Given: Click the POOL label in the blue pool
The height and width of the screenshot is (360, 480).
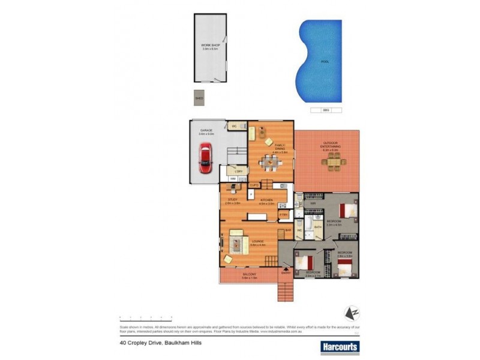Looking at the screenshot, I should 325,62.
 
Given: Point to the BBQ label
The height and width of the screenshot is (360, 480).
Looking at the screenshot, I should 326,110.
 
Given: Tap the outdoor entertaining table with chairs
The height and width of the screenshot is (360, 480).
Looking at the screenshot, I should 331,161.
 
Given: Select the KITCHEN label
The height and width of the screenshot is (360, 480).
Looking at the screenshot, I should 267,200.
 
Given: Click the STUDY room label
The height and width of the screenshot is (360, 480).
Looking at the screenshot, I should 233,200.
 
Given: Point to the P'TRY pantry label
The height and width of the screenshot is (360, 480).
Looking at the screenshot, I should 284,214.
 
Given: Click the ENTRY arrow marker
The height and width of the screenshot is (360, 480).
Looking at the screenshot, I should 286,274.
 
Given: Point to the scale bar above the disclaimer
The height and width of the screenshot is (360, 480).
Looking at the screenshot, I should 146,316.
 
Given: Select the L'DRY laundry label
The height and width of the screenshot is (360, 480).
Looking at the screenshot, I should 238,172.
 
